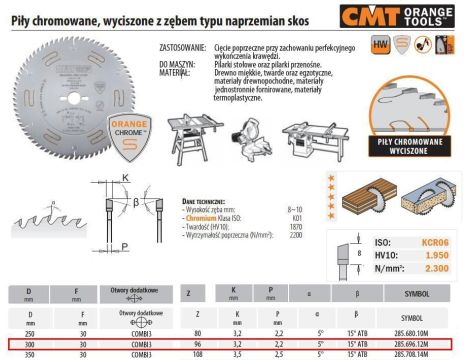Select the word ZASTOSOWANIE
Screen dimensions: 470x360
click(x=182, y=46)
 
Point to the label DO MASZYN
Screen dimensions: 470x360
click(x=177, y=61)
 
